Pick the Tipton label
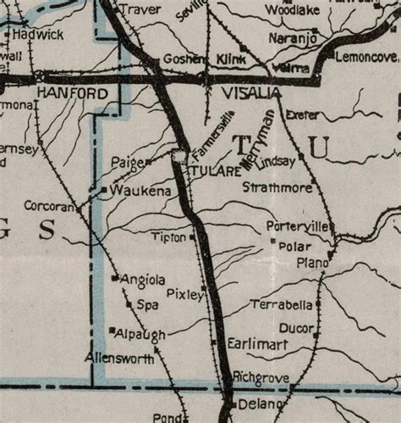point(169,238)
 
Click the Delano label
point(261,404)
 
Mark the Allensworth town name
point(118,359)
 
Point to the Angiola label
point(143,279)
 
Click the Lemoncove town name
point(365,58)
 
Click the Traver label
point(139,9)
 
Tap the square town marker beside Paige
point(149,161)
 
